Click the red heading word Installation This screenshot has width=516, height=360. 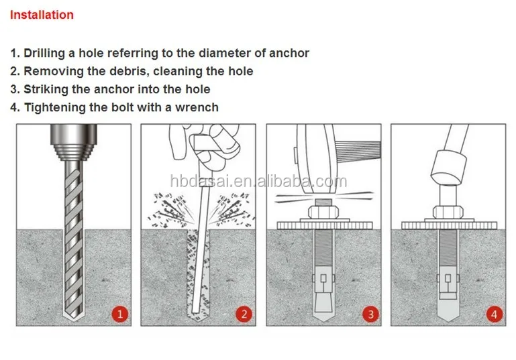click(x=42, y=15)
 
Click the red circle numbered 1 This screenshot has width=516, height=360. click(x=120, y=314)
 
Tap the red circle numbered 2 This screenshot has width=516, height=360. click(x=244, y=314)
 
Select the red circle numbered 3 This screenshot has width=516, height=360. click(x=371, y=314)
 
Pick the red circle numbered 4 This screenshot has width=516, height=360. click(x=495, y=314)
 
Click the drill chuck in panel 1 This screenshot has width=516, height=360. click(x=74, y=141)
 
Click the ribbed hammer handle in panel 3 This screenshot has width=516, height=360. click(x=359, y=151)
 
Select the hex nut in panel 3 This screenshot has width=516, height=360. click(x=324, y=212)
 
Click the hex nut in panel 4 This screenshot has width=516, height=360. click(x=448, y=212)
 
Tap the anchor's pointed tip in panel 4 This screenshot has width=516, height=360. click(x=448, y=313)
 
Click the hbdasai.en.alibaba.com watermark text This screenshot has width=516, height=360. click(x=258, y=181)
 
